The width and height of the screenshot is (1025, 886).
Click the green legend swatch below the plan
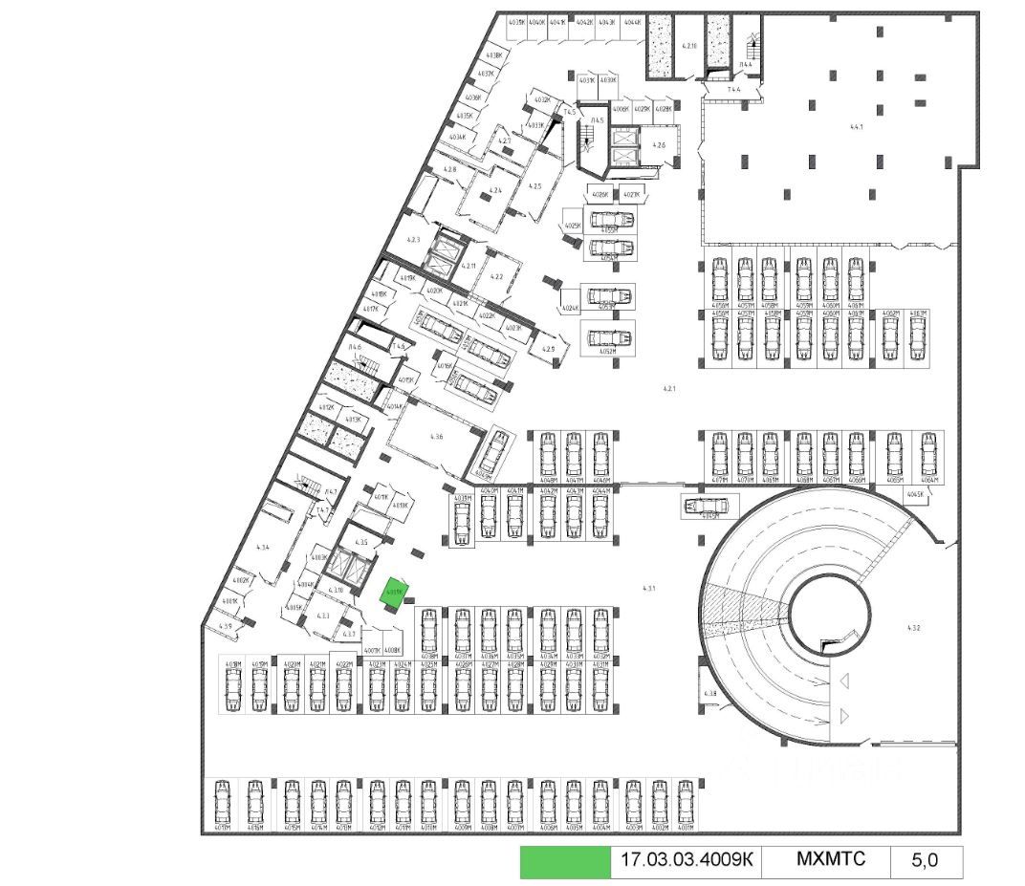pos(564,862)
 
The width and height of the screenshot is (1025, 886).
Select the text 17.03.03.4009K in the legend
pos(687,860)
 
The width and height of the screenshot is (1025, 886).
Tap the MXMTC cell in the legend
pos(830,859)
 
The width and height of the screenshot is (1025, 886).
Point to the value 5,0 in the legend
pos(924,860)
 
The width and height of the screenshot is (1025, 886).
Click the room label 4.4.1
pos(856,126)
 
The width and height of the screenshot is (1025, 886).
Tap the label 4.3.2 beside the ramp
pos(912,628)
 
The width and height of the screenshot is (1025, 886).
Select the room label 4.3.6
pos(436,436)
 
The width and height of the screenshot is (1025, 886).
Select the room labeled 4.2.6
pos(658,145)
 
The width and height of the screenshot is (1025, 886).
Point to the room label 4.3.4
pos(263,547)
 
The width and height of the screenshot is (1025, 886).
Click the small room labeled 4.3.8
pos(710,693)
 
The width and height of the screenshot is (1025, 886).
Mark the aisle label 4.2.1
pos(669,389)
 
